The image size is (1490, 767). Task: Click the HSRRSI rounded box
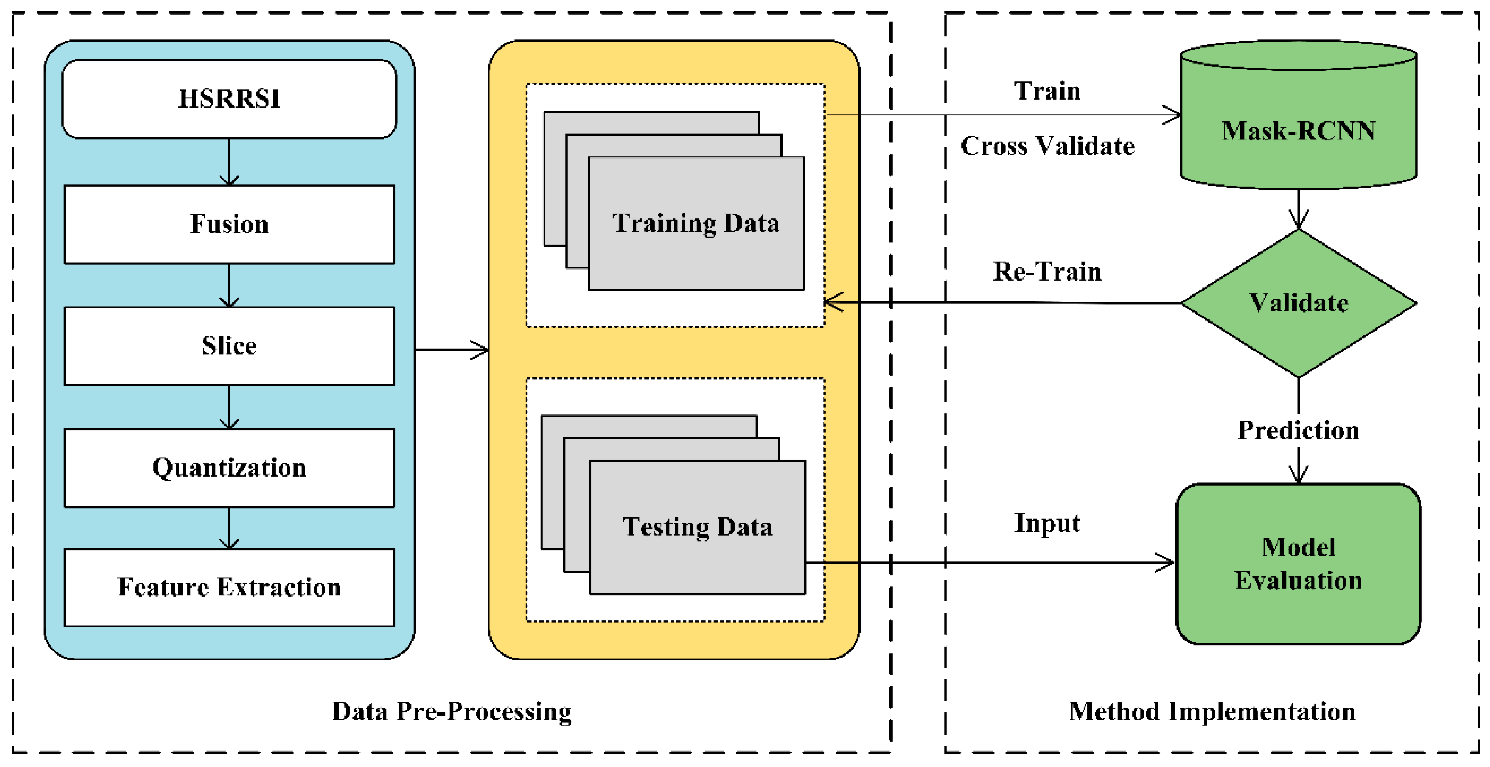229,99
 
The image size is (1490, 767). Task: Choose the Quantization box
229,468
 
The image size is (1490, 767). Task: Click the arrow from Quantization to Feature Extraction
229,528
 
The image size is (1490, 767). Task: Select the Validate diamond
1299,303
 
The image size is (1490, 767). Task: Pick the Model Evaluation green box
1299,564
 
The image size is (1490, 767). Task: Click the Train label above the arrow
1047,91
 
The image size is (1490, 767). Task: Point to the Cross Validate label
1047,146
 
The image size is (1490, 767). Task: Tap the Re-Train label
1047,272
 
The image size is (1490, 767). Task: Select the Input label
1047,523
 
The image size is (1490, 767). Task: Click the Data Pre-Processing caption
452,711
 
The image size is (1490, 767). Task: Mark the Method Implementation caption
1212,711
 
